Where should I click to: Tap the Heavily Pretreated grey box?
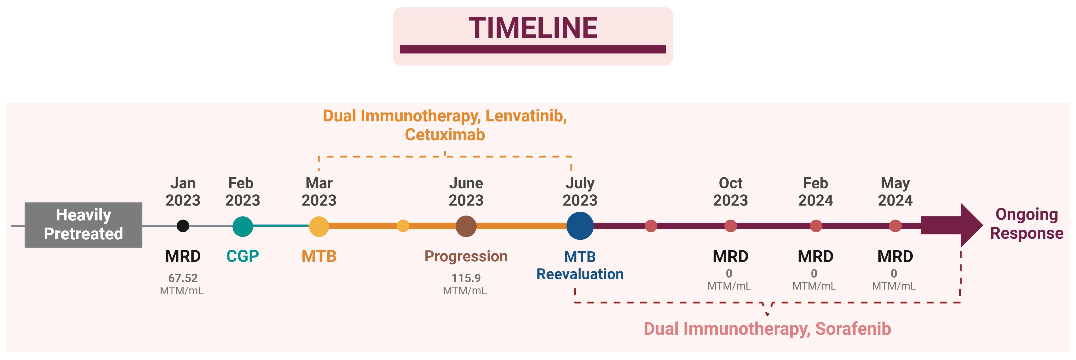(x=84, y=225)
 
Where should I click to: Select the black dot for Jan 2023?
(x=183, y=226)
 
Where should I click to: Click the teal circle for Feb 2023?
(x=243, y=226)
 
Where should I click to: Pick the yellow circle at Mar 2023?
(x=319, y=226)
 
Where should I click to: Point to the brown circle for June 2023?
(x=466, y=226)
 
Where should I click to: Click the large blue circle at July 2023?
(x=580, y=226)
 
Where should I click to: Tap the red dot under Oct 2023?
(x=731, y=226)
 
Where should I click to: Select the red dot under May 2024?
(x=895, y=226)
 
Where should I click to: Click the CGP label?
(x=243, y=256)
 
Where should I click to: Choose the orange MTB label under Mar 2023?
(x=319, y=256)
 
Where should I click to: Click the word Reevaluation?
(x=580, y=274)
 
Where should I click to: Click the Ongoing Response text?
(x=1027, y=224)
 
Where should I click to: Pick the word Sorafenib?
(x=853, y=329)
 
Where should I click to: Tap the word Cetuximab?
(x=445, y=134)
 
